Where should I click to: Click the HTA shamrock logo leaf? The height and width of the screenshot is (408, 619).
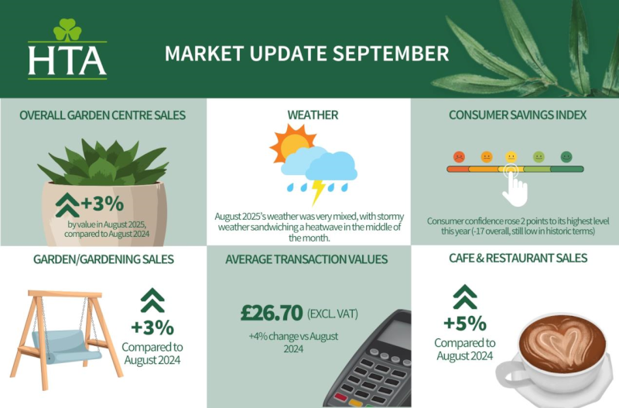(67, 29)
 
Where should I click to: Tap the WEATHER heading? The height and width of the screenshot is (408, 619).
(313, 115)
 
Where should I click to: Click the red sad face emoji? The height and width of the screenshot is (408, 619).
(459, 157)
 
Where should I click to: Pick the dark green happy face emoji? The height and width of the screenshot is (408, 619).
(566, 157)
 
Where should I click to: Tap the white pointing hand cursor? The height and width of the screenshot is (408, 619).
(515, 188)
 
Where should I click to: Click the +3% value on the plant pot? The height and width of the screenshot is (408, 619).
(102, 204)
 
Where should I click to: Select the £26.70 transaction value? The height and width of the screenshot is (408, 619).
(272, 313)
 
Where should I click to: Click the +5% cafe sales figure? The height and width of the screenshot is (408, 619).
(465, 324)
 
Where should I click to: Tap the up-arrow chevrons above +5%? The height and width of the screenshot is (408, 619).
(465, 297)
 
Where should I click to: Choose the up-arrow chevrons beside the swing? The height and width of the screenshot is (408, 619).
(152, 300)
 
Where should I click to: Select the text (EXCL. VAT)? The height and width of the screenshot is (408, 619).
(333, 314)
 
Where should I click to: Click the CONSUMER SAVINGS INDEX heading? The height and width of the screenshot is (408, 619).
(518, 115)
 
